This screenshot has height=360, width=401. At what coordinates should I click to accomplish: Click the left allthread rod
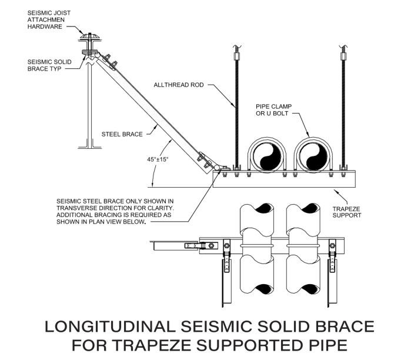pos(235,112)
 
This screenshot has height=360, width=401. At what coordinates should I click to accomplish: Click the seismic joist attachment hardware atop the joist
pos(90,42)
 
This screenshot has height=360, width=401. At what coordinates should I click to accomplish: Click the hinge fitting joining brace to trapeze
pos(218,169)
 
